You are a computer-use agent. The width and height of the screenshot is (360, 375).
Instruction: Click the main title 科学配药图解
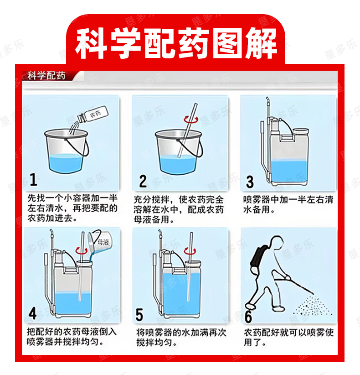176,43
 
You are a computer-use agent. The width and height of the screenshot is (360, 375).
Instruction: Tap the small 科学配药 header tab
46,76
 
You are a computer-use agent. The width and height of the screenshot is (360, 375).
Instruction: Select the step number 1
33,180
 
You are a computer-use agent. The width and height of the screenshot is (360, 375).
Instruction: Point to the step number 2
143,181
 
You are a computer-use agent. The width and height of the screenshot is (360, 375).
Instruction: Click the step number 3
250,182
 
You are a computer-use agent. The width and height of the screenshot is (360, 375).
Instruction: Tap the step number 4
32,313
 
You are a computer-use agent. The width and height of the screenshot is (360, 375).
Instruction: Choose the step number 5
139,314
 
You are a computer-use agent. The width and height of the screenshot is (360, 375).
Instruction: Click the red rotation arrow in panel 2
190,119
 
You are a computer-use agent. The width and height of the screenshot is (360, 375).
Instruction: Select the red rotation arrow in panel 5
190,251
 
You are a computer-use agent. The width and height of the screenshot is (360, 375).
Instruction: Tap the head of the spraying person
277,243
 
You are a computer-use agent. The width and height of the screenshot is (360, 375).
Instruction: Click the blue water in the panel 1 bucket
66,162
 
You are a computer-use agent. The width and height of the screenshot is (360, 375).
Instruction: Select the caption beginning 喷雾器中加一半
288,204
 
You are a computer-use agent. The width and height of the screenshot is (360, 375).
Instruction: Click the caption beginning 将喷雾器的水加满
181,337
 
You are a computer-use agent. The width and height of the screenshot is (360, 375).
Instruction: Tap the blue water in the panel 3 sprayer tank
289,171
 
